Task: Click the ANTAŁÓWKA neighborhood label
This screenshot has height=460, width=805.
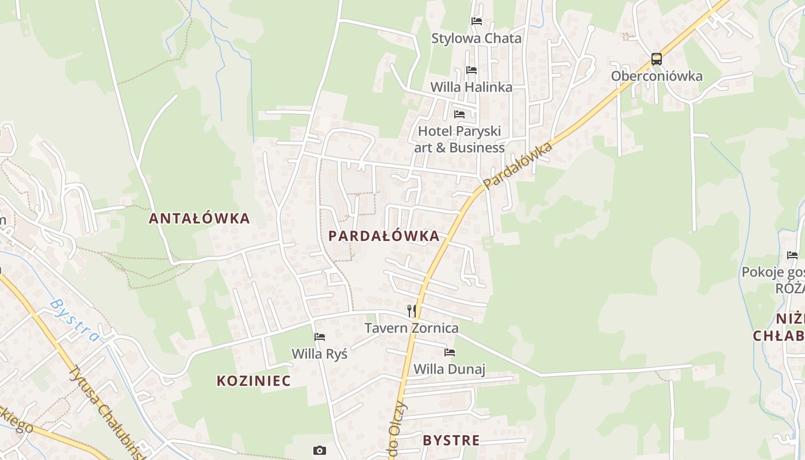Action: coord(199,218)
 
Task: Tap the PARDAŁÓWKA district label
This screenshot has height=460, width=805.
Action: coord(384,236)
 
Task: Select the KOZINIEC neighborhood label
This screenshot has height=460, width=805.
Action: coord(254,381)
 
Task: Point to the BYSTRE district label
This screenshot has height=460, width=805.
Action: coord(451,440)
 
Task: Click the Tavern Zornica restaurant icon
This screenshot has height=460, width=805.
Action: coord(411,311)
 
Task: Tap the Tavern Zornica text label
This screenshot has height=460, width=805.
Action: coord(412,328)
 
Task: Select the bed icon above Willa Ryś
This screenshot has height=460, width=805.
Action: coord(320,337)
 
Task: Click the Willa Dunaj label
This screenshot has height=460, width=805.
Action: coord(450,369)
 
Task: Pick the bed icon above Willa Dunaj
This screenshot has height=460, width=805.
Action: coord(450,352)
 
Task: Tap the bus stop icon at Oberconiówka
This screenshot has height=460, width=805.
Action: coord(656,59)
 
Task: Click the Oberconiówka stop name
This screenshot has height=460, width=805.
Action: coord(657,76)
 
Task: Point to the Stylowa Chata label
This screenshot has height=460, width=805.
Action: coord(477,39)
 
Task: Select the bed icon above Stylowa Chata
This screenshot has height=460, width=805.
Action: coord(477,21)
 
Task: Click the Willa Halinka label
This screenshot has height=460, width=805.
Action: coord(471,87)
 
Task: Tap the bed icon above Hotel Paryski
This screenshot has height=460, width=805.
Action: coord(459,114)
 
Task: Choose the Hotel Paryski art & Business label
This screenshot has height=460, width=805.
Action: coord(459,139)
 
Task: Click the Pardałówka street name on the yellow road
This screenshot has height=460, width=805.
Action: coord(518,165)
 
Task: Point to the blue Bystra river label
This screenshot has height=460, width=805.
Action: coord(74,320)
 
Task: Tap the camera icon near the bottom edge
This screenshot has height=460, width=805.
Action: coord(320,450)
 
